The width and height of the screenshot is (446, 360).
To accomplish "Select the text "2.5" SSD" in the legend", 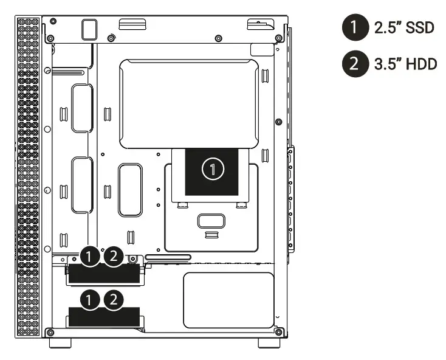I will coord(404,29).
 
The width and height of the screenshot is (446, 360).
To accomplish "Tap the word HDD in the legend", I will coord(422,63).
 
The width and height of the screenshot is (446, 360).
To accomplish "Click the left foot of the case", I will coord(60,344).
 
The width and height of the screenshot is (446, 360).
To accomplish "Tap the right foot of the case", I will coord(269,344).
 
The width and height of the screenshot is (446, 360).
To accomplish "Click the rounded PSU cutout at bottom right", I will coord(228,298).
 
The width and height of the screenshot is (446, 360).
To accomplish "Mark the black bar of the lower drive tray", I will coord(104,317).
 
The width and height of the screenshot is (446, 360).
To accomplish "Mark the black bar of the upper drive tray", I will coord(104,275).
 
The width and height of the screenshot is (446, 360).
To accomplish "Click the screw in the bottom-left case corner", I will coord(50,332).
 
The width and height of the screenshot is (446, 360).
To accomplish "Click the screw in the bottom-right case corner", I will coord(279,332).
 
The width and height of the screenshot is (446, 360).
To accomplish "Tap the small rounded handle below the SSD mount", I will coord(211,220).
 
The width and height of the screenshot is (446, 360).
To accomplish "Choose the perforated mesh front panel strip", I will coord(29,176).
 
